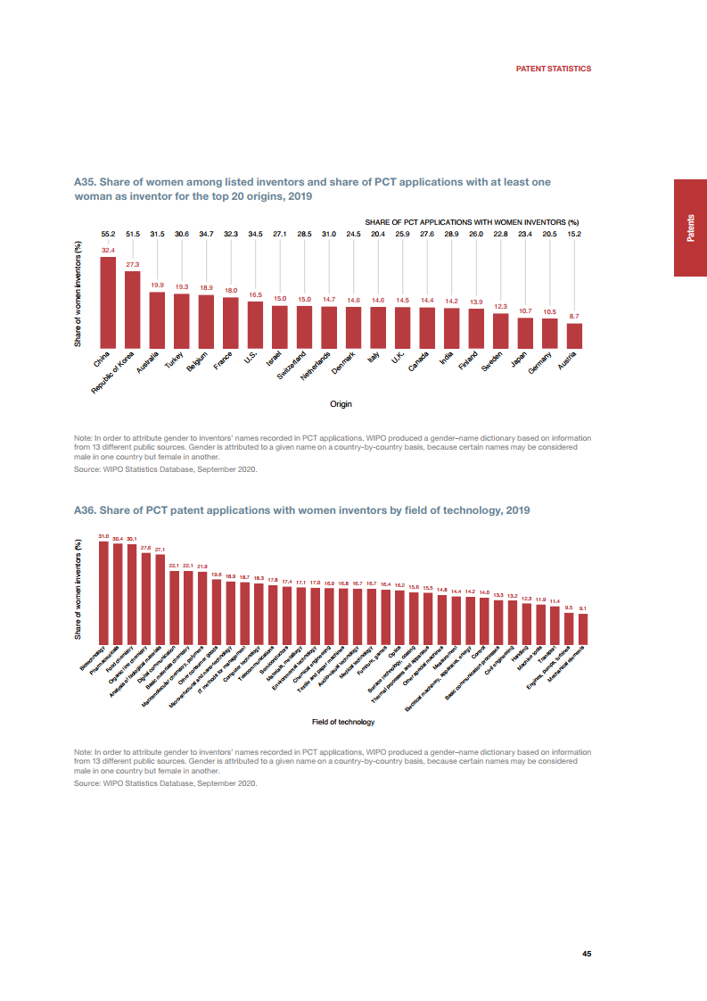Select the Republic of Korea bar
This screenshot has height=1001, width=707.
132,309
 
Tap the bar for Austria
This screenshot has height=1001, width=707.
574,335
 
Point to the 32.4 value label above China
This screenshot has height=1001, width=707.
107,251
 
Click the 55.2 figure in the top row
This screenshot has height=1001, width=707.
108,234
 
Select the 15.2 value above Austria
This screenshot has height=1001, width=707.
574,234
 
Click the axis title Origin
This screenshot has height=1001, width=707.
341,404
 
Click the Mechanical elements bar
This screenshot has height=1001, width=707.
583,628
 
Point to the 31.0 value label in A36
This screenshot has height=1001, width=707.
103,536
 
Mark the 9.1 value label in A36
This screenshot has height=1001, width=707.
583,608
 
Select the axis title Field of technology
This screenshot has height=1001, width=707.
343,722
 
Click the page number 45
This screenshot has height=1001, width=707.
587,954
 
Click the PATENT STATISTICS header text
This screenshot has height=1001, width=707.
554,69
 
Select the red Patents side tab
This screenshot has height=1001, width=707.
690,227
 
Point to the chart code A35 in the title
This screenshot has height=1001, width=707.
85,182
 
